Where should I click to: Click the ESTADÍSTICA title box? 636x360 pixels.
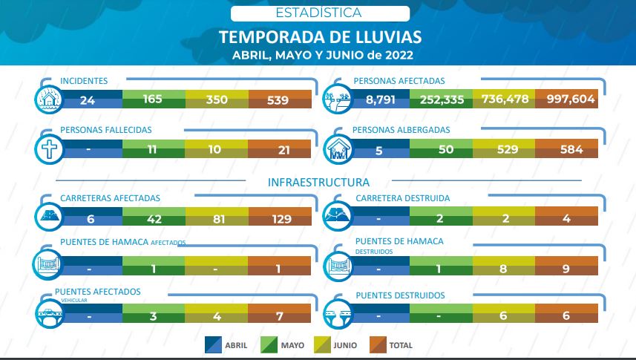pos(319,13)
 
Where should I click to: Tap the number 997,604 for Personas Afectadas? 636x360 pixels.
pos(571,99)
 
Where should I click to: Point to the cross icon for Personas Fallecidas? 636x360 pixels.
pos(49,148)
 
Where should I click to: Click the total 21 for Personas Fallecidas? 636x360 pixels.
pos(278,149)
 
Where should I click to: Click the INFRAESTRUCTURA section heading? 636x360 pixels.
pos(318,181)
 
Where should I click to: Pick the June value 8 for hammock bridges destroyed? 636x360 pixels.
pos(502,268)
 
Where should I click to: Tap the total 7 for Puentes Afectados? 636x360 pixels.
pos(278,317)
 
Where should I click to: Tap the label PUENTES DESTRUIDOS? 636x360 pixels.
pos(400,295)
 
